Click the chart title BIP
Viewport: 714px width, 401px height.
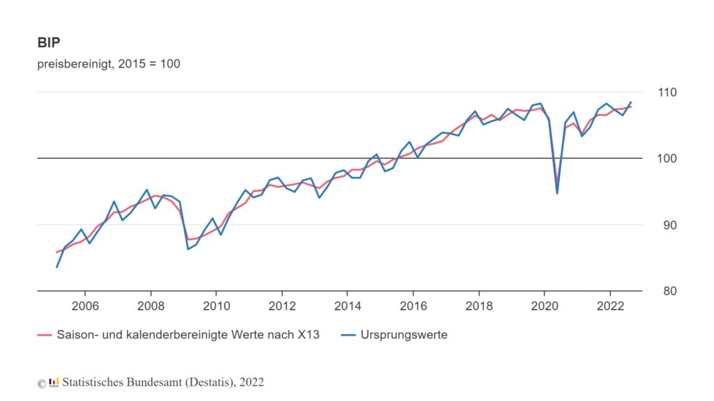coord(49,42)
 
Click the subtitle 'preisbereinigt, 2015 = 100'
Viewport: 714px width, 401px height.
coord(109,64)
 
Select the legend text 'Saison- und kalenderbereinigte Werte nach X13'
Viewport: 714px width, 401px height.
coord(188,335)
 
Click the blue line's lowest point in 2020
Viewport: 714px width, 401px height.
coord(557,193)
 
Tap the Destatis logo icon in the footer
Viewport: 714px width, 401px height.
coord(54,382)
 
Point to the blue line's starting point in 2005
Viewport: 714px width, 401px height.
coord(57,267)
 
